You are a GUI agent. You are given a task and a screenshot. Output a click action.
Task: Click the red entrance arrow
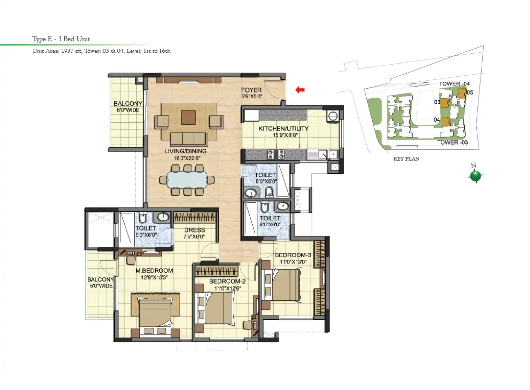(300, 90)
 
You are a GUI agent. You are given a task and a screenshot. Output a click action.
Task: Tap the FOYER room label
(251, 90)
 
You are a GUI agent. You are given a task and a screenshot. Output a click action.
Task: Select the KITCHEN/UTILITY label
(283, 129)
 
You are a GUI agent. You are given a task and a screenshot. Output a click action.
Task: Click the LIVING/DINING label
(186, 151)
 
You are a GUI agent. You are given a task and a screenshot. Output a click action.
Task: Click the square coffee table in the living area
(188, 117)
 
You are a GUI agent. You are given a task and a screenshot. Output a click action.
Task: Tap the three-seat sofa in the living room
(188, 139)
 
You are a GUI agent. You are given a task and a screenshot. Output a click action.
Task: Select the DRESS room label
(195, 230)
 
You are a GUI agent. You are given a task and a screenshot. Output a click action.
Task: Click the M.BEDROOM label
(154, 270)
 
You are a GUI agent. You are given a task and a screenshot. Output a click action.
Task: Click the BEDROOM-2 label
(227, 281)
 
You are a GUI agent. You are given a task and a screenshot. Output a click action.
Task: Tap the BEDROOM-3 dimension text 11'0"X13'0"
(293, 262)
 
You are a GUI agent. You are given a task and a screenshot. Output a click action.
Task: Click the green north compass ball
(476, 176)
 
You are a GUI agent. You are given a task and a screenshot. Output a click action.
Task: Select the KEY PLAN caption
(406, 159)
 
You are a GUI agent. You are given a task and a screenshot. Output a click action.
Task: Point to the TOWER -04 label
(454, 84)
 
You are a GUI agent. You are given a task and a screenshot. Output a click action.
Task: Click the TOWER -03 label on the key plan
(453, 142)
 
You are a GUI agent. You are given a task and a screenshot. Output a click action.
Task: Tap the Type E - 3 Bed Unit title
(61, 39)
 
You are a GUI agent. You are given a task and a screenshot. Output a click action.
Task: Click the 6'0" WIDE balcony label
(128, 110)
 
